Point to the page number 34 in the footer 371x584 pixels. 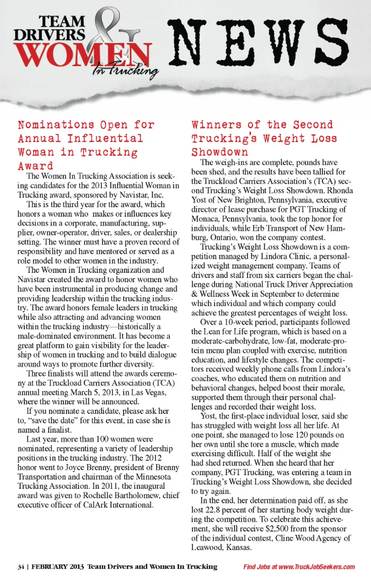21,567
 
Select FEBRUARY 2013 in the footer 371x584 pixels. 57,567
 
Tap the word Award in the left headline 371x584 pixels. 35,166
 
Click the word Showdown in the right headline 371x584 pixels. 220,152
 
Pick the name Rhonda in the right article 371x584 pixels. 340,190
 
